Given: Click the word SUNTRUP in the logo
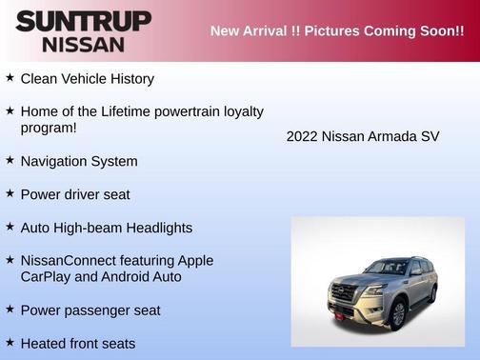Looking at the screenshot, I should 83,21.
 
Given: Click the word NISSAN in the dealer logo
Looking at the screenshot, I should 83,44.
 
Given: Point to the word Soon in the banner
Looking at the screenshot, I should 432,31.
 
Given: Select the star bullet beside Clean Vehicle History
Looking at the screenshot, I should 10,78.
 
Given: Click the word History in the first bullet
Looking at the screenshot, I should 127,79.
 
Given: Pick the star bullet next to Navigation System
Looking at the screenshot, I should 10,160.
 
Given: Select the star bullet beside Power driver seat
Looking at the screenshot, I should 10,193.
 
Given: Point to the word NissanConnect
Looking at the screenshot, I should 66,260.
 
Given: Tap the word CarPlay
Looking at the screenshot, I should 50,277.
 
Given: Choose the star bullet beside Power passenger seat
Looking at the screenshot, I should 10,310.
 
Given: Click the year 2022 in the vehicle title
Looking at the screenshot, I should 302,136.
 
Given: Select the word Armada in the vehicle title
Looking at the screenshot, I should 391,136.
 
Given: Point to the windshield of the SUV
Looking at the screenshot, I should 385,268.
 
